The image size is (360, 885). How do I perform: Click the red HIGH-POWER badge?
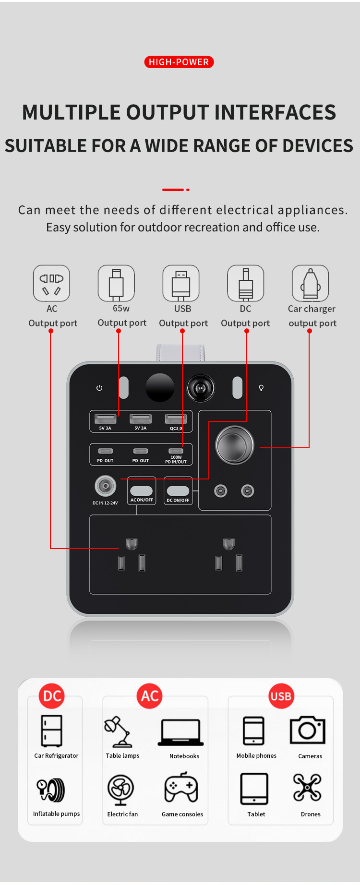179,62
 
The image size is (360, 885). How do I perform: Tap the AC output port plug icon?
51,283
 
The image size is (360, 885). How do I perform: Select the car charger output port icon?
310,283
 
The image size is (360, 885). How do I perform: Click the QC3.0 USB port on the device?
176,419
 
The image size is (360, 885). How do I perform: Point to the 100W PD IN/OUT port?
176,451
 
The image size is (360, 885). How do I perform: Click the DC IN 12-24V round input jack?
105,486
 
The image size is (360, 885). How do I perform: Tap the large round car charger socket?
235,445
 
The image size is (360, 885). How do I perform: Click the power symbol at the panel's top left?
99,388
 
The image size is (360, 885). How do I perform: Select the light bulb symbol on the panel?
261,388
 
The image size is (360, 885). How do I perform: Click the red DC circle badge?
52,696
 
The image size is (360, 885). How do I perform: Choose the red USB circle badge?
281,696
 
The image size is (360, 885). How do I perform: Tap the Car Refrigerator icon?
51,731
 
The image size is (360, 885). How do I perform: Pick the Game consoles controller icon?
181,788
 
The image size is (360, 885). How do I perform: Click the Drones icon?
307,788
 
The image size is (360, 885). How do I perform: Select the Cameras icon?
308,730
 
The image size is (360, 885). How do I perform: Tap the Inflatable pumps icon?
51,789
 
